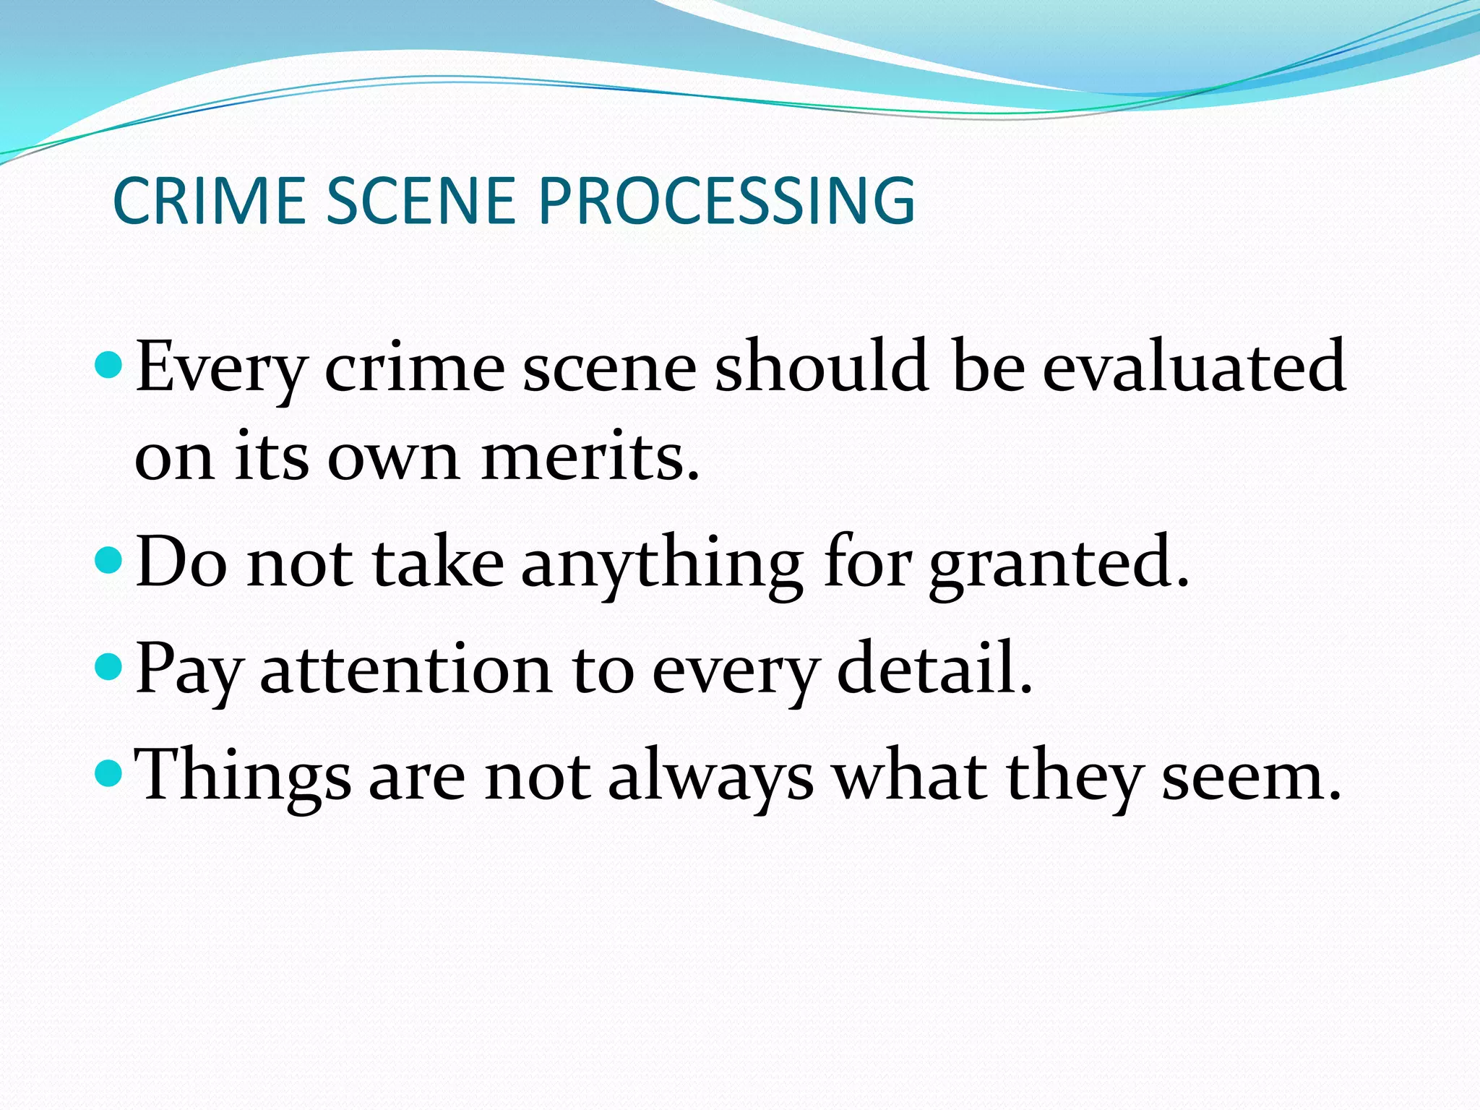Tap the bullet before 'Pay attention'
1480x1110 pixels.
click(x=110, y=666)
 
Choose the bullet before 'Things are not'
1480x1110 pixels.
click(x=110, y=772)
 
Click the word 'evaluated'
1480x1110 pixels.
click(x=1194, y=367)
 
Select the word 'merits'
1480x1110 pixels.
click(x=590, y=458)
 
